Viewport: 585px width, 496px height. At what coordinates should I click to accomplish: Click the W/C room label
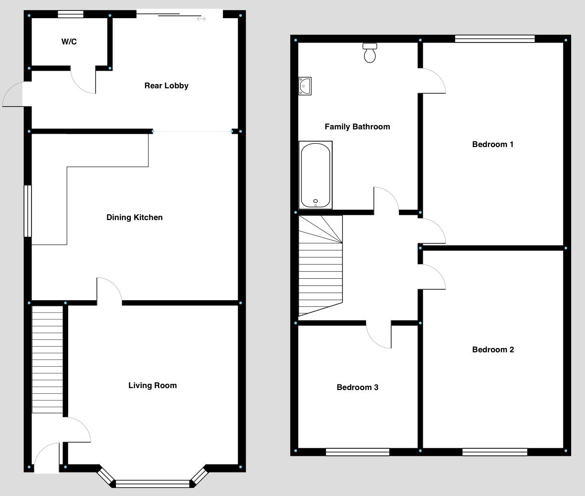pos(69,42)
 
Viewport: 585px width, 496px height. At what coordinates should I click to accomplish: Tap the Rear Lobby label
pos(166,86)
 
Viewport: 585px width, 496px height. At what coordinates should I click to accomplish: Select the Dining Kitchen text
pos(134,218)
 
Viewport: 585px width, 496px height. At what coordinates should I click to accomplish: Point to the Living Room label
pos(152,386)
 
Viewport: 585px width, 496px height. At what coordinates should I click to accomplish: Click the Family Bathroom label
pos(357,127)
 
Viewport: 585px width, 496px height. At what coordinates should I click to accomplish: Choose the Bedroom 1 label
pos(492,145)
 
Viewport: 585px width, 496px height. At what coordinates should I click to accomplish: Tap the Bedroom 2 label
pos(493,350)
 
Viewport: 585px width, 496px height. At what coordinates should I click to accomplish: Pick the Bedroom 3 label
pos(357,388)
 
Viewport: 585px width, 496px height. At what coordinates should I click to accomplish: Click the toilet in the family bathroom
pos(370,53)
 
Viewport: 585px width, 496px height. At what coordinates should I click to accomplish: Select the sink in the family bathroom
pos(305,86)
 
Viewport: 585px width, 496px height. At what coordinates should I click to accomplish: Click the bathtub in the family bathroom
pos(315,175)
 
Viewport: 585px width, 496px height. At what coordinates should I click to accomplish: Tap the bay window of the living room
pos(153,484)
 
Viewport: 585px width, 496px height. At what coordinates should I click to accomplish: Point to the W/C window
pos(71,14)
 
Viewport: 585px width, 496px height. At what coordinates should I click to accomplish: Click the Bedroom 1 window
pos(495,39)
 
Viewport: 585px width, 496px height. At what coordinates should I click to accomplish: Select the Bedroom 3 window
pos(357,452)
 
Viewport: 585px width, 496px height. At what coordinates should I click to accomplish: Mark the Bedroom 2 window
pos(495,452)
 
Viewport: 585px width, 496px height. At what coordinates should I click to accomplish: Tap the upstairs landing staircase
pos(320,265)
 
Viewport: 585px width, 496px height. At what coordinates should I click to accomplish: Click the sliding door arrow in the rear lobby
pos(201,19)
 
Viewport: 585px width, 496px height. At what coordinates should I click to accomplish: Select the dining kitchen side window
pos(28,211)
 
